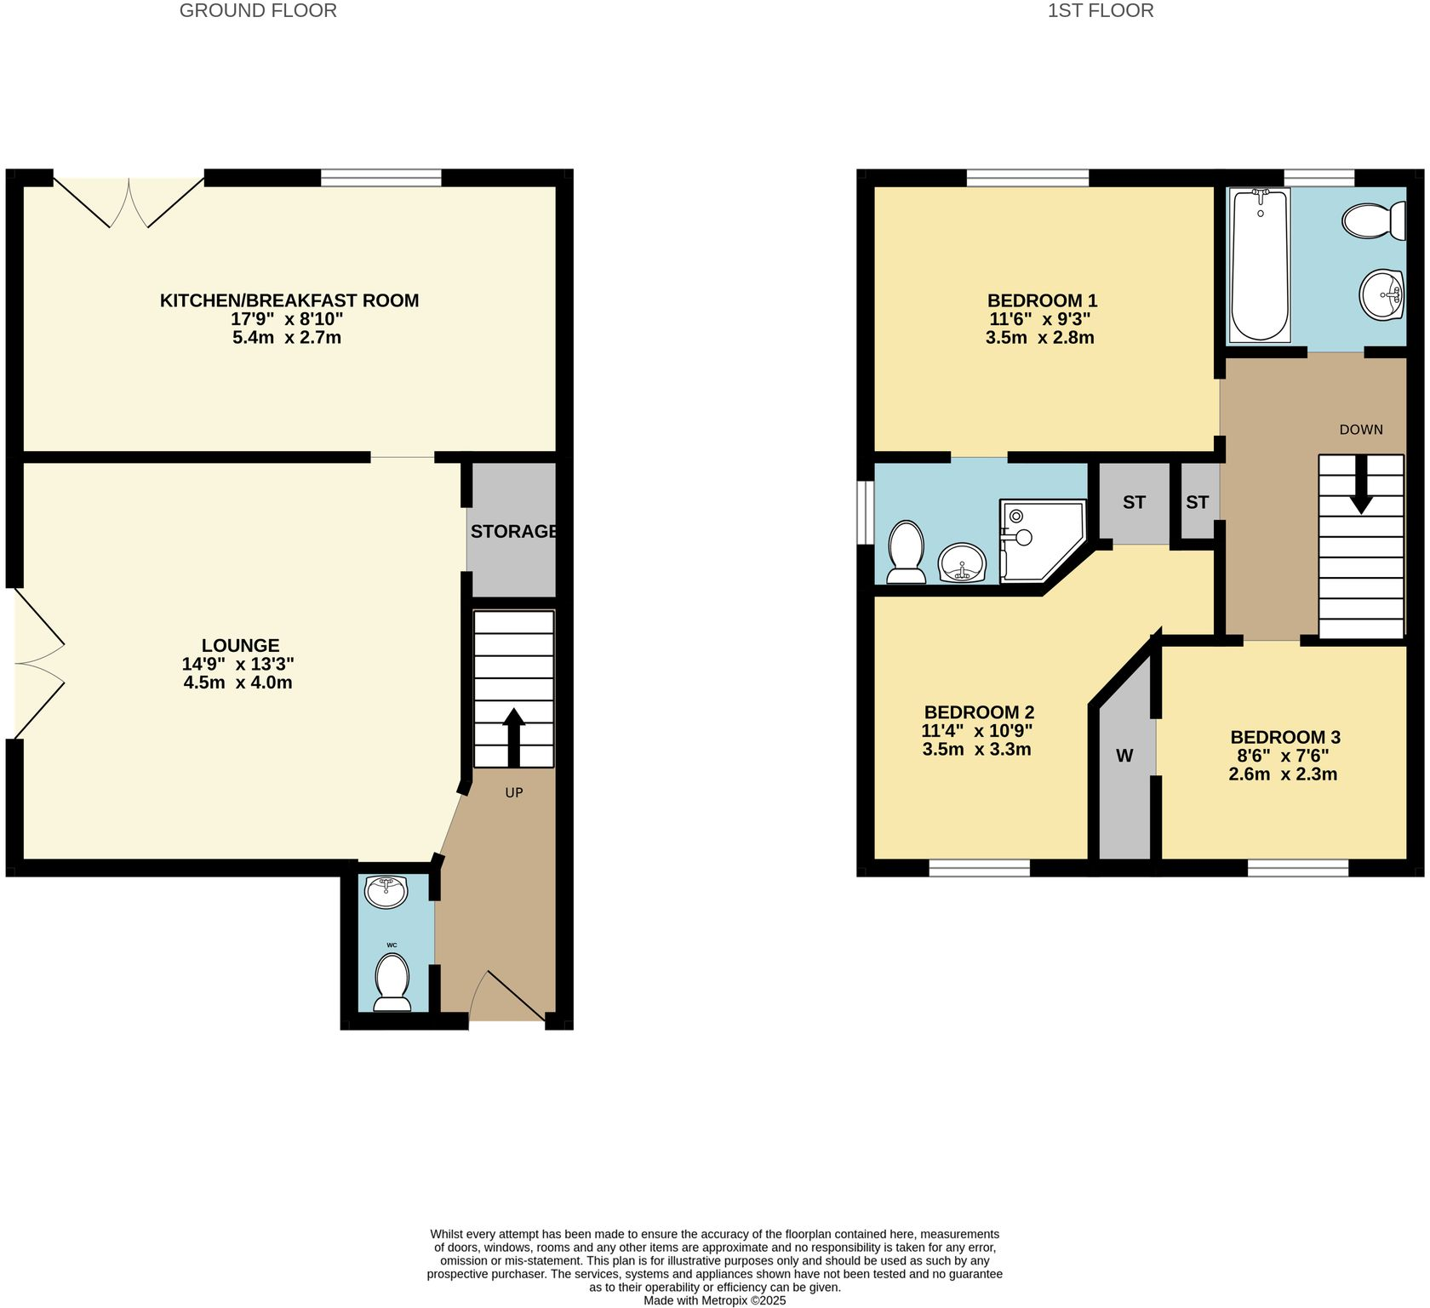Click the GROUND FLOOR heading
tap(258, 11)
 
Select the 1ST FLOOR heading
tap(1100, 11)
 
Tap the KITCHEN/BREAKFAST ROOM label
tap(289, 300)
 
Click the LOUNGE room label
tap(240, 646)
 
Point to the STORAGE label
tap(513, 532)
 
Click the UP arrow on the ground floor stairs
tap(513, 736)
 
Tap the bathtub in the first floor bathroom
tap(1260, 264)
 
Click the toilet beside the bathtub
tap(1372, 221)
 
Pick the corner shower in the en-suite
tap(1040, 540)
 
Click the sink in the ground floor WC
tap(386, 891)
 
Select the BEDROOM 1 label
tap(1041, 300)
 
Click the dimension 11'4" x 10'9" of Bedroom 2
tap(976, 731)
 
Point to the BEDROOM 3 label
tap(1284, 738)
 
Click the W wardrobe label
tap(1124, 756)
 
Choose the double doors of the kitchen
tap(129, 203)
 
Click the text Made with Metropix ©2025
tap(714, 1300)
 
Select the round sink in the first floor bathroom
tap(1381, 295)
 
